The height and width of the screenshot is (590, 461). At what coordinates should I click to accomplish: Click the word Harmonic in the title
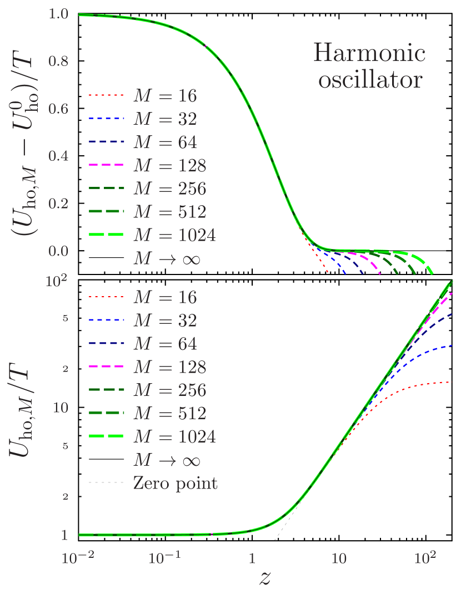[369, 54]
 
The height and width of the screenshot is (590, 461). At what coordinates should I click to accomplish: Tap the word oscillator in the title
[369, 80]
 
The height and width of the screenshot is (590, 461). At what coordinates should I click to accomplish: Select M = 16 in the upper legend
[164, 96]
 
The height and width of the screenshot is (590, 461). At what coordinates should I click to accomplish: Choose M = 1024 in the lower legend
[174, 436]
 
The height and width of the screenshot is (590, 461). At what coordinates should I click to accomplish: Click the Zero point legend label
[175, 483]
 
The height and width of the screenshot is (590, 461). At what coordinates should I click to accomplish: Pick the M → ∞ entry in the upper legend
[166, 259]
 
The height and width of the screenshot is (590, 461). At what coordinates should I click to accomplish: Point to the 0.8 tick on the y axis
[58, 61]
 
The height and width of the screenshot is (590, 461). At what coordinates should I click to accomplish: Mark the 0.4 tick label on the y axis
[58, 156]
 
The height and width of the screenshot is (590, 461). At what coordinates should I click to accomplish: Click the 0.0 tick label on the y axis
[58, 251]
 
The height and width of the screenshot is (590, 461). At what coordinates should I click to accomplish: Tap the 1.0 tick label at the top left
[58, 14]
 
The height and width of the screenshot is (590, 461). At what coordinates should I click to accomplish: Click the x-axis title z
[265, 577]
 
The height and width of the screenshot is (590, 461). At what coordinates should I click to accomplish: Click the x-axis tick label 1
[252, 557]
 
